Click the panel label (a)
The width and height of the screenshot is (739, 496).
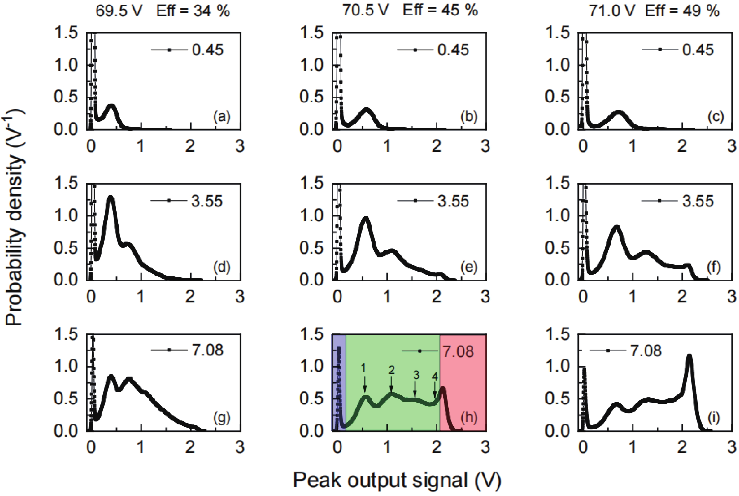coord(222,117)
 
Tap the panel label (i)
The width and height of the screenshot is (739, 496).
coord(714,418)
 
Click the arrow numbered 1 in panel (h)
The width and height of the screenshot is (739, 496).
coord(365,384)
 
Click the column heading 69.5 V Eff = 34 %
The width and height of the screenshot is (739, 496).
coord(163,11)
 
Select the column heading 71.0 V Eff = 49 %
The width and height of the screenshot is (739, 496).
coord(654,11)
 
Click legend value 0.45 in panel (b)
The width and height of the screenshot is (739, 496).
coord(453,50)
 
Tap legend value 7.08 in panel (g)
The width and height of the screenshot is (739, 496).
coord(207,350)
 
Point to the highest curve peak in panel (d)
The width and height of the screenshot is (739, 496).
coord(111,198)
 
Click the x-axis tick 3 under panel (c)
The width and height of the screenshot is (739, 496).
coord(731,146)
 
